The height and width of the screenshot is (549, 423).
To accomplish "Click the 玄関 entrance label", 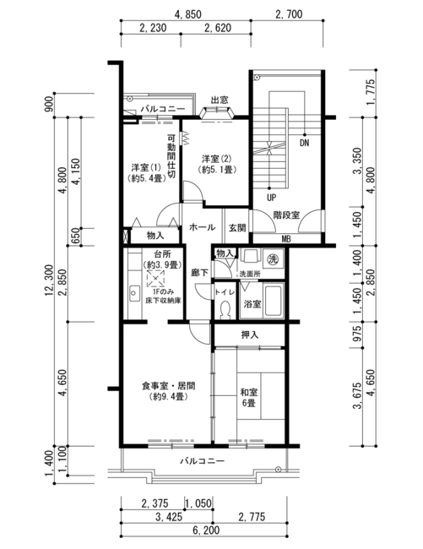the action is (237, 228).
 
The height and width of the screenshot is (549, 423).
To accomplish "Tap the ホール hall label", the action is (202, 227).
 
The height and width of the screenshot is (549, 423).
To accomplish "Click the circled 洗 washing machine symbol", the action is (272, 258).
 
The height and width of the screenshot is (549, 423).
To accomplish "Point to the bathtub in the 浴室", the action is (272, 302).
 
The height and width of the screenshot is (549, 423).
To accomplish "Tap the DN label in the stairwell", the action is (305, 144).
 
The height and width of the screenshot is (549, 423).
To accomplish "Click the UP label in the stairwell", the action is (271, 198).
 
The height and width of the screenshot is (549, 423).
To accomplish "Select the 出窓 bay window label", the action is (220, 101).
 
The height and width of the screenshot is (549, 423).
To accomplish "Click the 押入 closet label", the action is (250, 334).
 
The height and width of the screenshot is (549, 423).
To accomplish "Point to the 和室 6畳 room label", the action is (249, 398).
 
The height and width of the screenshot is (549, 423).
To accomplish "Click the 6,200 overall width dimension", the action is (206, 530).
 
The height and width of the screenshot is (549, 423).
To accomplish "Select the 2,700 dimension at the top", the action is (289, 14).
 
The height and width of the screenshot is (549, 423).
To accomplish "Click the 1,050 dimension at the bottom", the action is (198, 503).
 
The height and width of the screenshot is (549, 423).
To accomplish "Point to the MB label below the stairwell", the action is (286, 239).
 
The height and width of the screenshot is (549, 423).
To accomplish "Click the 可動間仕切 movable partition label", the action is (171, 156).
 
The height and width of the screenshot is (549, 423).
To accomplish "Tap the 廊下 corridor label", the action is (200, 273).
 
